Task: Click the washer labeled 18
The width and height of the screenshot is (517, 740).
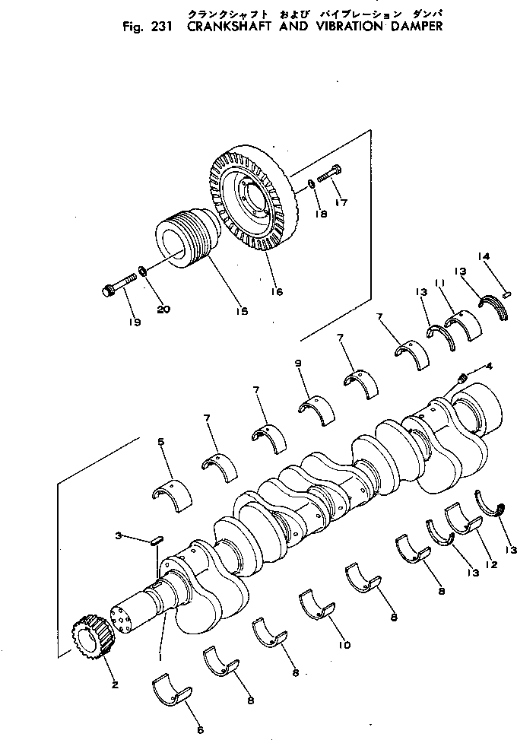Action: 313,186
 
